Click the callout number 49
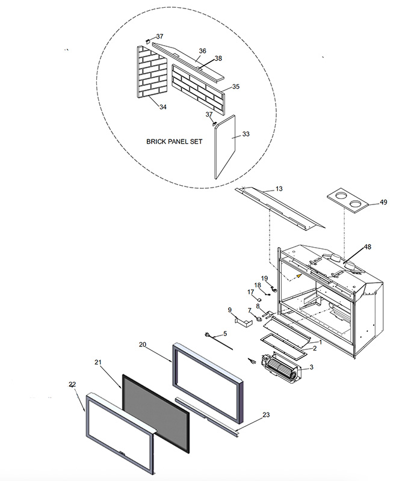(x=383, y=203)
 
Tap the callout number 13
(x=279, y=189)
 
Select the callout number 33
(x=246, y=134)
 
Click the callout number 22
(x=72, y=384)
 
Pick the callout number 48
(x=367, y=247)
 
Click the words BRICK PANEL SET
(x=175, y=142)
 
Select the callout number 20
(x=142, y=345)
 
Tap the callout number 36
(x=202, y=51)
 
